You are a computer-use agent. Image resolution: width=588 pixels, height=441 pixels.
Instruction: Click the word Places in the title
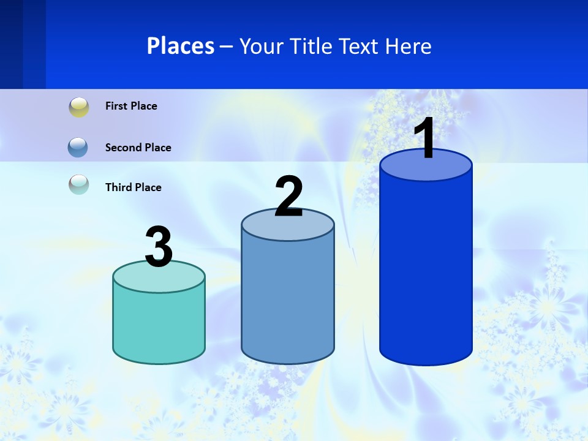(181, 46)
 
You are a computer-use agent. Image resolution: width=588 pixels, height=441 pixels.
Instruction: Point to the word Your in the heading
(262, 47)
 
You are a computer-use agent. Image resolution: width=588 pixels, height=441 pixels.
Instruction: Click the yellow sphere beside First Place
(79, 107)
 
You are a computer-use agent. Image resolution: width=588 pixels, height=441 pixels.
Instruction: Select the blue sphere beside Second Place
(78, 147)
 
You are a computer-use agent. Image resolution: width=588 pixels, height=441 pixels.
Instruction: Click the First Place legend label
(131, 106)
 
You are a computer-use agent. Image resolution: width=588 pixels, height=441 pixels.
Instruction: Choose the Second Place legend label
(138, 148)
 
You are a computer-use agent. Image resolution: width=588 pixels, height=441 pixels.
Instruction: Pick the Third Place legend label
(133, 187)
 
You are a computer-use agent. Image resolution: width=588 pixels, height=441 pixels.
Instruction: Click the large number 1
(424, 138)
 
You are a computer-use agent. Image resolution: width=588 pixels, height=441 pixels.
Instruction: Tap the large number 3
(159, 247)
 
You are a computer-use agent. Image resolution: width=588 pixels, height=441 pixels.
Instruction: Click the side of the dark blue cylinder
(426, 269)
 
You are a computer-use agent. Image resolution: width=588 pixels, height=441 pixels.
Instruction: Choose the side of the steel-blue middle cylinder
(288, 300)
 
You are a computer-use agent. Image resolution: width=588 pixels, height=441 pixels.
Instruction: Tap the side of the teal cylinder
(159, 325)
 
